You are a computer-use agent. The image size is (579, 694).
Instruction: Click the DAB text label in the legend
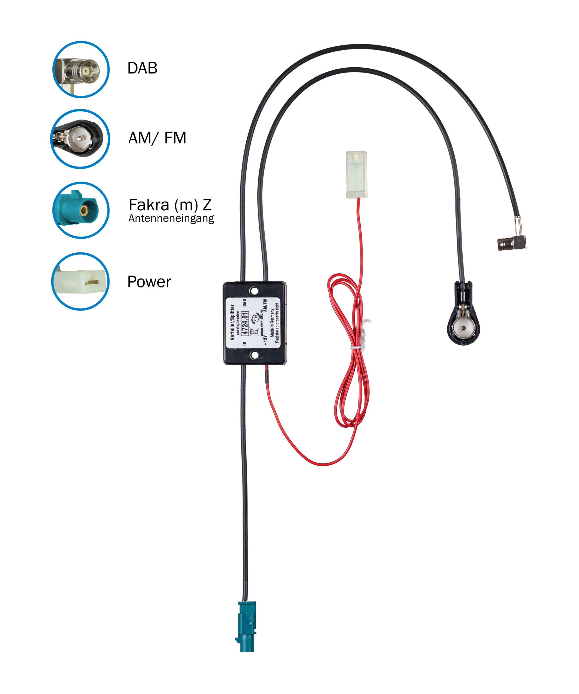[142, 68]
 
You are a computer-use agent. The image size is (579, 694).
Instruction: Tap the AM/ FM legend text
[157, 138]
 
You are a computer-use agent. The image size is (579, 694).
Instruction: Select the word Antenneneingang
[171, 218]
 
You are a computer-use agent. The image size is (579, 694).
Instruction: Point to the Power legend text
[149, 282]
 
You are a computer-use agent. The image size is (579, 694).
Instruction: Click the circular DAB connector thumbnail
[81, 69]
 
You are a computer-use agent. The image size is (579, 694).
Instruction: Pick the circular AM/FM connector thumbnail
[80, 139]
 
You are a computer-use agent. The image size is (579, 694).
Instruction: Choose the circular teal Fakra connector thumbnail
[81, 210]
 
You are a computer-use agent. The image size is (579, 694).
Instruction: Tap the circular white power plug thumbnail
[80, 281]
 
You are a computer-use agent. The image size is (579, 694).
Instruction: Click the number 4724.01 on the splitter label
[245, 323]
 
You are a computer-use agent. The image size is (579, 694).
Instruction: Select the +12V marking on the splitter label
[265, 340]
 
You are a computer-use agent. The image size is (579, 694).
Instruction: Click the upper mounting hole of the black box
[254, 291]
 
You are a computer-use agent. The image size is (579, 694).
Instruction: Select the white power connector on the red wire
[356, 174]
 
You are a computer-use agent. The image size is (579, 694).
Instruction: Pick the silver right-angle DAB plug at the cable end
[511, 243]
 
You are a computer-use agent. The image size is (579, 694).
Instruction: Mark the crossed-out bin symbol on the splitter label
[254, 331]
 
